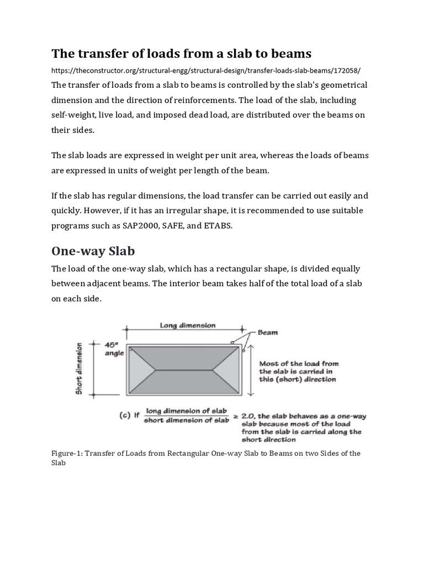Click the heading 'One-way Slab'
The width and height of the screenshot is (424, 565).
click(x=93, y=251)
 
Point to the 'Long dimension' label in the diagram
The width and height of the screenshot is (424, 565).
click(x=188, y=326)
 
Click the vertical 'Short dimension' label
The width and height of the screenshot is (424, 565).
click(x=79, y=369)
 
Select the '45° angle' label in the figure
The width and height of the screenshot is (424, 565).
click(x=114, y=349)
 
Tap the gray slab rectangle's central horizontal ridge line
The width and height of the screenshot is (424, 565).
click(x=188, y=369)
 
